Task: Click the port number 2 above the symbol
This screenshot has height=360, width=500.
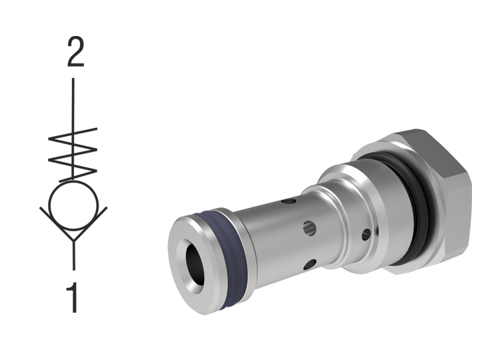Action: click(x=75, y=53)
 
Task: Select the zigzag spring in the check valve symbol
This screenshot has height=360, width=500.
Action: click(x=74, y=152)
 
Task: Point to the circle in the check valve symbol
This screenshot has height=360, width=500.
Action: click(x=74, y=203)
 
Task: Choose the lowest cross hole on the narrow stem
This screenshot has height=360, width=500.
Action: click(x=307, y=265)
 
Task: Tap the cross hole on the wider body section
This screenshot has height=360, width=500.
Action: click(x=366, y=234)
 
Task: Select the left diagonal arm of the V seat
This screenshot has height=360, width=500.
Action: click(x=56, y=221)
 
